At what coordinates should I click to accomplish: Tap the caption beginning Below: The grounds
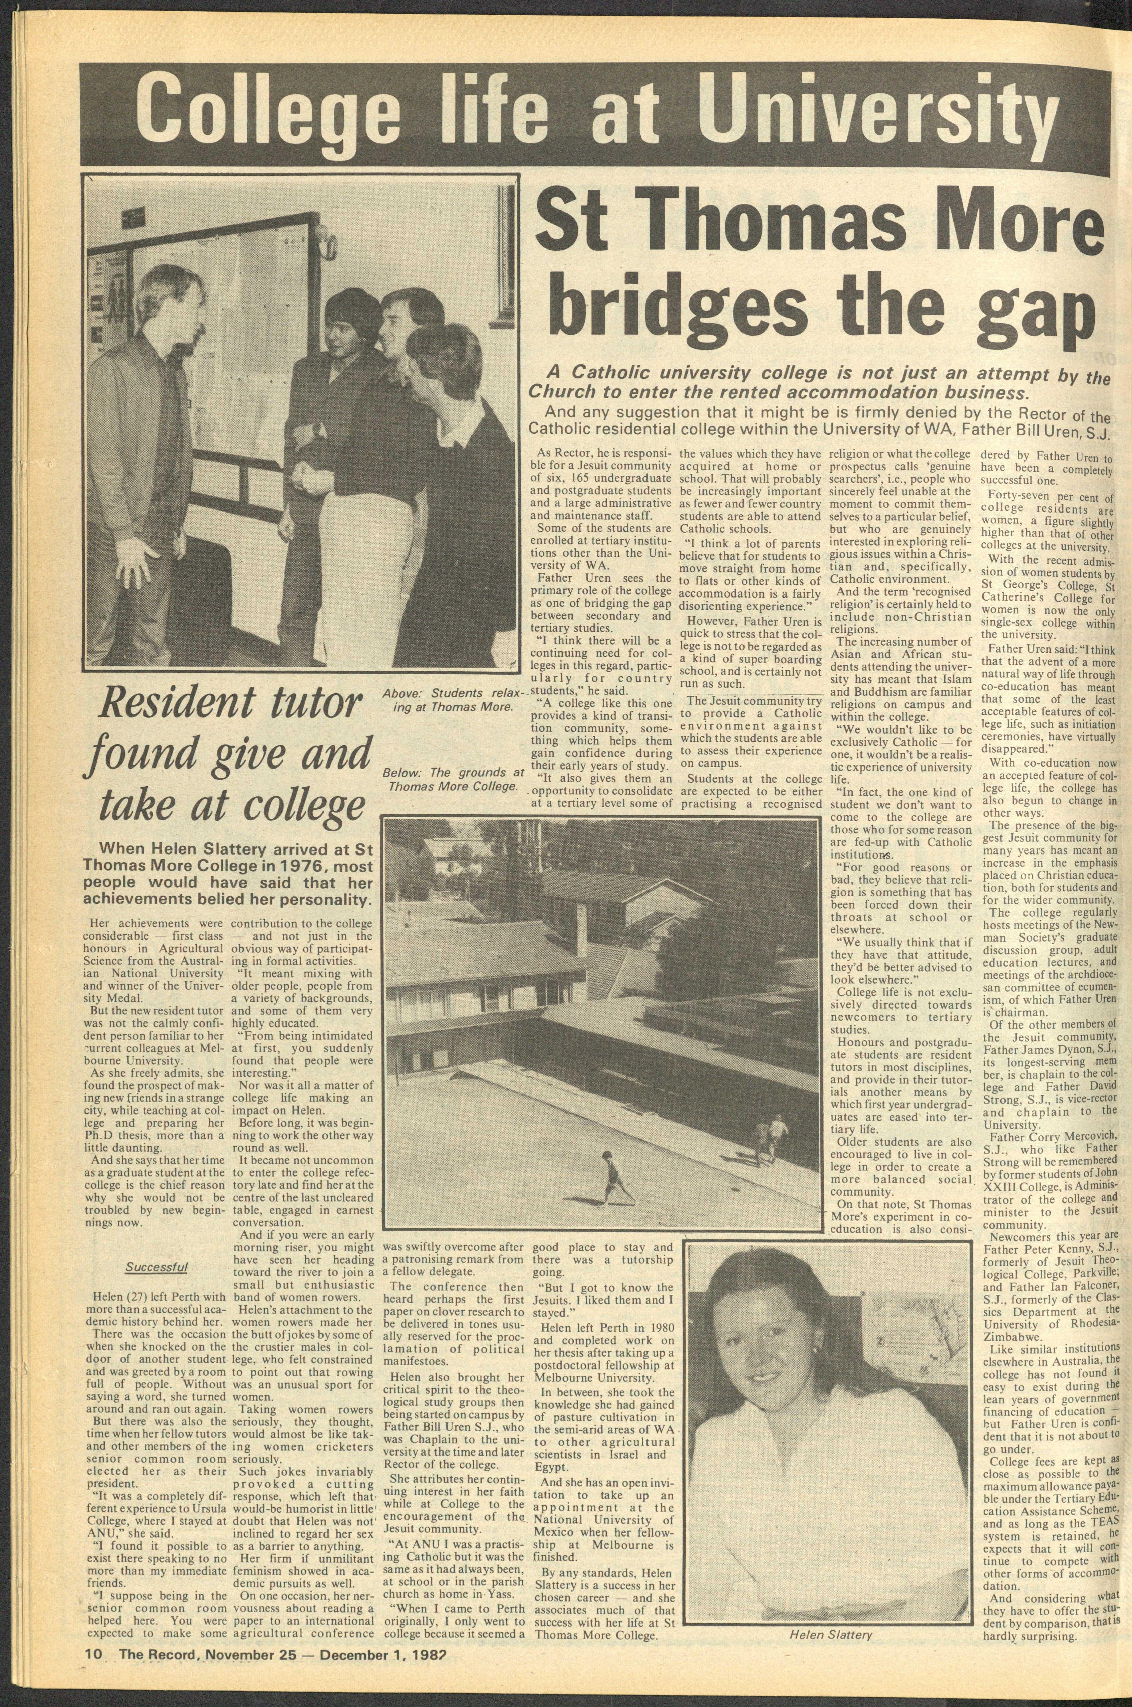pos(455,778)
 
